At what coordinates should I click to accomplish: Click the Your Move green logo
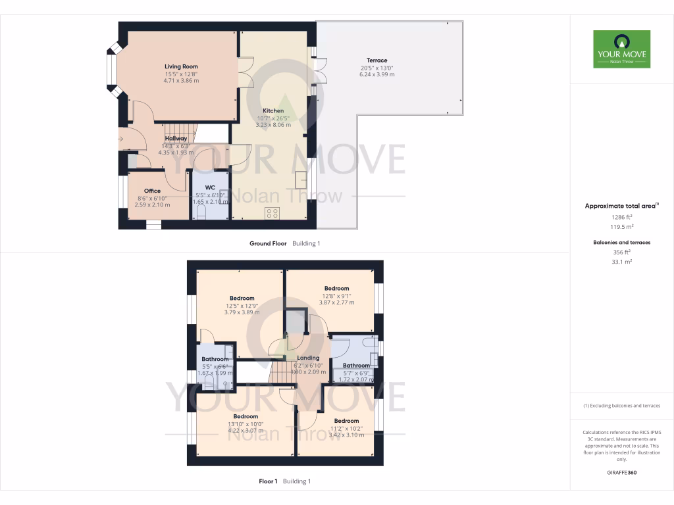tap(621, 49)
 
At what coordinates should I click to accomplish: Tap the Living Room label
tap(181, 66)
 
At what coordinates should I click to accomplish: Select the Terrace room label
tap(377, 60)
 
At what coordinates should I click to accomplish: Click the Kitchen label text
tap(273, 110)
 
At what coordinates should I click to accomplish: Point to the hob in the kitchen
tap(271, 214)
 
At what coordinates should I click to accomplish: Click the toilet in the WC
tap(201, 214)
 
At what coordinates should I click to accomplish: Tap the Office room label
tap(152, 191)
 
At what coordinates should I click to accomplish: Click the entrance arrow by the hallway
tap(121, 139)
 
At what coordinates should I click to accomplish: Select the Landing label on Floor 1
tap(308, 358)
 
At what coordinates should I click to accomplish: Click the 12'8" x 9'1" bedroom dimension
tap(336, 295)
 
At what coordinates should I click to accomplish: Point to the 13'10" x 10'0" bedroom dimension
tap(245, 424)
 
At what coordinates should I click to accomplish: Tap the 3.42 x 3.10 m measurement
tap(346, 435)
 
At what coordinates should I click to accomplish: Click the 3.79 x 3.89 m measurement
tap(242, 312)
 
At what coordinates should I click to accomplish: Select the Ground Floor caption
tap(268, 243)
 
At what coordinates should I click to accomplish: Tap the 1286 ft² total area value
tap(621, 216)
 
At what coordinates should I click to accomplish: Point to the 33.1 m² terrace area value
tap(621, 262)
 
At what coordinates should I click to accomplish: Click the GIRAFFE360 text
tap(621, 473)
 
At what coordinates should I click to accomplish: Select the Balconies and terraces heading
tap(621, 243)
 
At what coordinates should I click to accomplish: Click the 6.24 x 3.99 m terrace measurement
tap(377, 74)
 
